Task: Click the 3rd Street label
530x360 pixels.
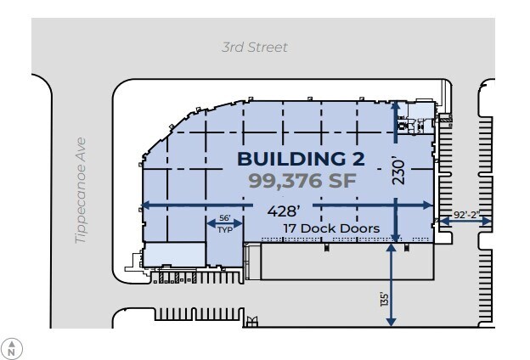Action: [255, 48]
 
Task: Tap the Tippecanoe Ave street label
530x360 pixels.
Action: [82, 191]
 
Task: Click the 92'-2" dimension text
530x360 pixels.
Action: [466, 214]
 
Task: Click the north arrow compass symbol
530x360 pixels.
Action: [12, 347]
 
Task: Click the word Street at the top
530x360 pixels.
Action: [267, 48]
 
